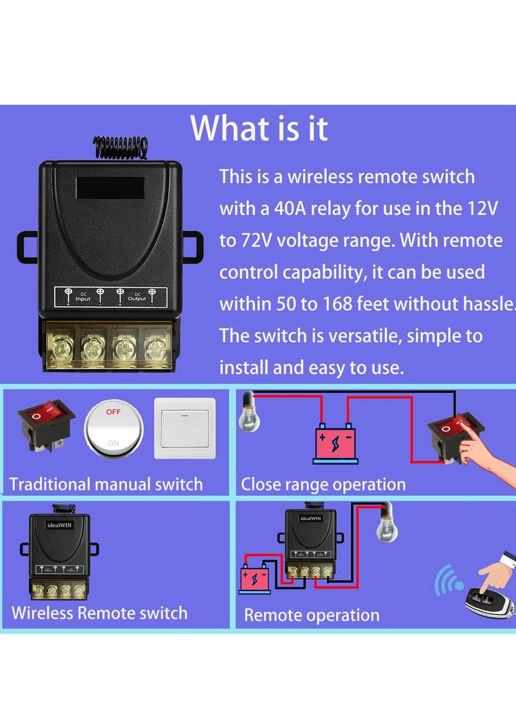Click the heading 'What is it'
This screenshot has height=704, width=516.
(x=259, y=128)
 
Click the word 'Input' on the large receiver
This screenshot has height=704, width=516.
(x=83, y=299)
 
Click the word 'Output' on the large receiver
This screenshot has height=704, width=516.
(x=137, y=299)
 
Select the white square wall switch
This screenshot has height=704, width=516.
(x=184, y=427)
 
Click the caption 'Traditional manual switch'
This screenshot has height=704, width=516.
(x=106, y=484)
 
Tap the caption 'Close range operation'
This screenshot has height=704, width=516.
(x=323, y=485)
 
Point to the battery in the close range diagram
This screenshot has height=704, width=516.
(x=335, y=443)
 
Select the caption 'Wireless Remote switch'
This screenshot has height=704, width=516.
(x=99, y=612)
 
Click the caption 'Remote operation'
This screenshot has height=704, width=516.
(x=312, y=615)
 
